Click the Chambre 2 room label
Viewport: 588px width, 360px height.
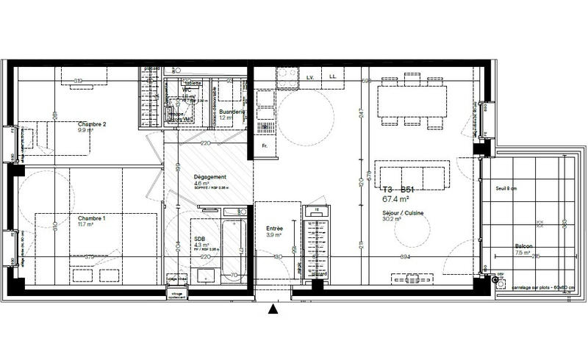[x=93, y=124]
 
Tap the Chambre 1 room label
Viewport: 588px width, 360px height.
[x=93, y=218]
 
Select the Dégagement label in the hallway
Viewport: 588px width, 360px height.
[x=209, y=177]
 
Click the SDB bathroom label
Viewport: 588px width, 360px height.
[x=199, y=239]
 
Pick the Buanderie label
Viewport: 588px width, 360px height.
[x=234, y=112]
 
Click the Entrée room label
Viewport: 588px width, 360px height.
[x=276, y=228]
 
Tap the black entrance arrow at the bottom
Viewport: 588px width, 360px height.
[x=273, y=310]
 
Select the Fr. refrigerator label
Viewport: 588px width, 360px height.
[x=265, y=146]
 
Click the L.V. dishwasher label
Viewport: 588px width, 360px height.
[x=310, y=76]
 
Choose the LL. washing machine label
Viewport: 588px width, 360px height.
[x=333, y=76]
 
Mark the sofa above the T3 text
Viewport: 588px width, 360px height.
[x=411, y=176]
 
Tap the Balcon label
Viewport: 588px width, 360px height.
[x=523, y=246]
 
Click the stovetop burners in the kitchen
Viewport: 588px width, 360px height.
[x=286, y=74]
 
